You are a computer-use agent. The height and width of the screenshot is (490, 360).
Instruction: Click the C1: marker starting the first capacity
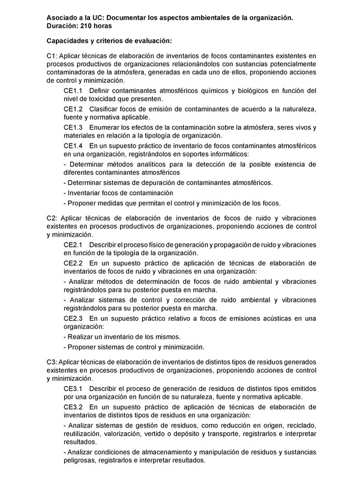click(x=52, y=55)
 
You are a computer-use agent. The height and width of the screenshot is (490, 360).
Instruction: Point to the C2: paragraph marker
click(x=52, y=217)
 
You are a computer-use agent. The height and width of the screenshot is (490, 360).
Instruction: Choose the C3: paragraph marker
click(x=52, y=361)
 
